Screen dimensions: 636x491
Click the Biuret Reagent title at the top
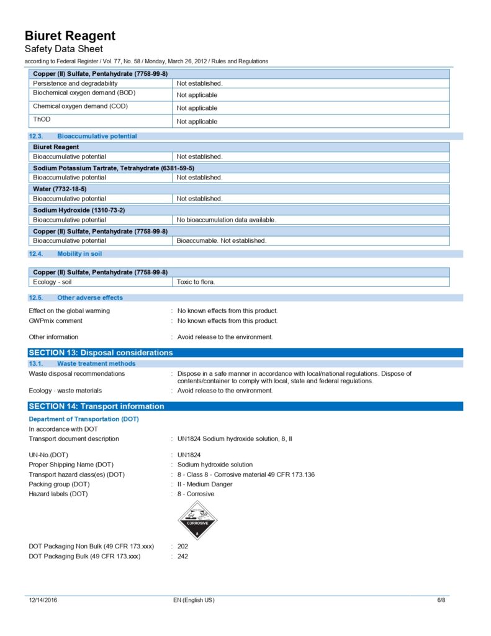coord(70,35)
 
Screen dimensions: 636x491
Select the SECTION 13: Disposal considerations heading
coord(101,353)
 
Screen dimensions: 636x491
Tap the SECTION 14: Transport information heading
coord(96,406)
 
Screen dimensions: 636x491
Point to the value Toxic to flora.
coord(196,282)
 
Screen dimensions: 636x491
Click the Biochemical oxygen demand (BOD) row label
coord(84,93)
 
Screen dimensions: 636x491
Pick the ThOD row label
coord(38,119)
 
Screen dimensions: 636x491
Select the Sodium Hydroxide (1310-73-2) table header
coord(79,210)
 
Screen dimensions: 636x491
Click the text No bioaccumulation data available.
coord(227,220)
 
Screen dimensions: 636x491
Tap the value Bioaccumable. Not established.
coord(222,240)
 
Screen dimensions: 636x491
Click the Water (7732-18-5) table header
coord(60,188)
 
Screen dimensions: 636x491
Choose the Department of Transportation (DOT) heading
coord(84,419)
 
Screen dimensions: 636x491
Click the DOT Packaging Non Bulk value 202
coord(182,547)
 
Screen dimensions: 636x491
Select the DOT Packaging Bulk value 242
coord(182,556)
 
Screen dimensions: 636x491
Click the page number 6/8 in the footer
coord(441,600)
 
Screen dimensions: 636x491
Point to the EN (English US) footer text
coord(194,600)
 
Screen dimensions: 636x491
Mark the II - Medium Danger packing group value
coord(205,484)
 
